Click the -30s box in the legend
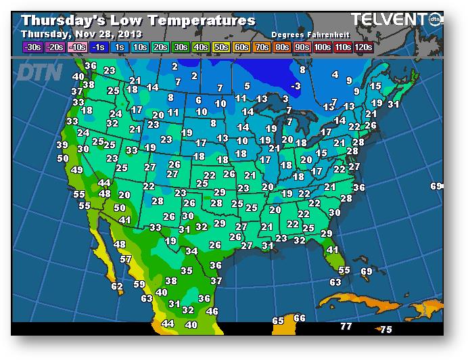32,47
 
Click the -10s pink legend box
77,47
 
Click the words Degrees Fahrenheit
304,34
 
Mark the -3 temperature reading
295,86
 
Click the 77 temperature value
346,327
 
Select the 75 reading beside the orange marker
385,330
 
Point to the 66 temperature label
300,318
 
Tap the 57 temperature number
126,259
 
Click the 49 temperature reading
77,170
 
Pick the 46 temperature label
212,311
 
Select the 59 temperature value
139,284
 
